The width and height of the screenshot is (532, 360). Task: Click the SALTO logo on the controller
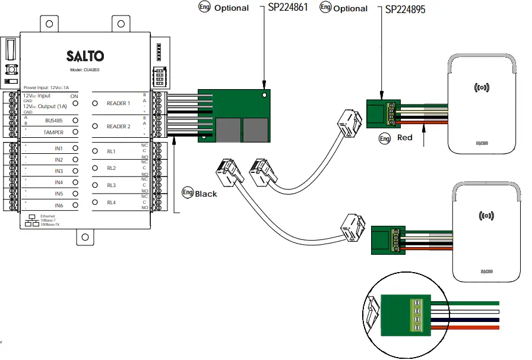click(x=85, y=56)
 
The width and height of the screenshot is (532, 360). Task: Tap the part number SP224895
click(x=406, y=10)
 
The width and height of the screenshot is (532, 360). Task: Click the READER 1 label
click(x=118, y=103)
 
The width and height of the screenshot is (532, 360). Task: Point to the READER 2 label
click(x=118, y=127)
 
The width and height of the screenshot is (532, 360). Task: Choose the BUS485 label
click(x=54, y=120)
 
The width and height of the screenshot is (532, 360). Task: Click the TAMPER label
click(x=53, y=132)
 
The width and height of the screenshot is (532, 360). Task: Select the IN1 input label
click(x=59, y=149)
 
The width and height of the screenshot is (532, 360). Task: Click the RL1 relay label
click(x=111, y=151)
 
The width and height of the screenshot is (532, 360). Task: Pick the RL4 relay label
click(x=111, y=203)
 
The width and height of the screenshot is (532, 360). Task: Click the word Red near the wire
click(x=405, y=138)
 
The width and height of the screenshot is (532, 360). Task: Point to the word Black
click(x=206, y=194)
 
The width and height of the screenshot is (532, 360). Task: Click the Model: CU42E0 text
click(x=85, y=70)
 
